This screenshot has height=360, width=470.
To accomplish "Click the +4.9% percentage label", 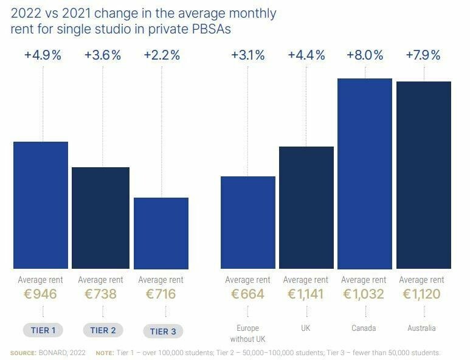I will point(43,55).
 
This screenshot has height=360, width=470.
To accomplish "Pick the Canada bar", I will point(365,173).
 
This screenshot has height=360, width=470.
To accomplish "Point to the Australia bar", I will point(424,175).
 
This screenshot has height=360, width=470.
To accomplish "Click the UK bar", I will point(306,207).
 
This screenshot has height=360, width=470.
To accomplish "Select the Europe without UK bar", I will point(248,223).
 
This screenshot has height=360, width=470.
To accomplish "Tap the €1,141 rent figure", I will point(306,295).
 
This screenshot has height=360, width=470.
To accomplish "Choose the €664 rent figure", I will point(247,295).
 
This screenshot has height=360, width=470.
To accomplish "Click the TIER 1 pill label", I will point(43,331).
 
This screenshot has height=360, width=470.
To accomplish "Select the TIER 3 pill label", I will point(163,331).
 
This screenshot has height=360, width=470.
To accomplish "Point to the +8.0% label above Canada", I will point(365,55).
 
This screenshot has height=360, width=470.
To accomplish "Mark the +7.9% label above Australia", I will point(424,55).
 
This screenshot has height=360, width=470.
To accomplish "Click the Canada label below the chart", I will point(364,328).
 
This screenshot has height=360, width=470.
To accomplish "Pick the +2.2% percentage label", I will point(162,55).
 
